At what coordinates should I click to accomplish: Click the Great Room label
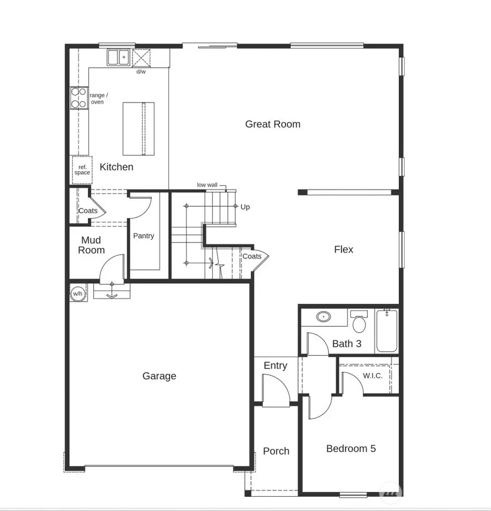click(x=273, y=124)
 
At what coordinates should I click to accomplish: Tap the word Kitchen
click(x=116, y=167)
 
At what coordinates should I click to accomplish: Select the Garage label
click(x=159, y=376)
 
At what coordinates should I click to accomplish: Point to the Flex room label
click(x=344, y=249)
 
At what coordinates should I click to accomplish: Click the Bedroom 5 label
click(x=351, y=449)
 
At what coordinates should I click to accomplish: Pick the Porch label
click(x=276, y=451)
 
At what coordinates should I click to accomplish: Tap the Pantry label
click(x=143, y=236)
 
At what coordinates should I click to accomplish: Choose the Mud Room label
click(x=91, y=245)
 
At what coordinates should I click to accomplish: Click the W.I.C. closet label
click(x=373, y=376)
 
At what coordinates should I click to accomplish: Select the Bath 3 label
click(x=347, y=344)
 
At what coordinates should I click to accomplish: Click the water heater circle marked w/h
click(x=77, y=294)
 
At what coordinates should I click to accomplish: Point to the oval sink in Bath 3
click(x=324, y=316)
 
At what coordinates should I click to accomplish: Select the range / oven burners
click(x=79, y=98)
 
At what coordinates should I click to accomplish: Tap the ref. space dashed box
click(x=82, y=170)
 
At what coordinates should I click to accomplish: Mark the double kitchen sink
click(x=118, y=57)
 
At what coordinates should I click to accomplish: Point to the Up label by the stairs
click(x=245, y=207)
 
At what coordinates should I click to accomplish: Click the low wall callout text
click(x=207, y=185)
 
